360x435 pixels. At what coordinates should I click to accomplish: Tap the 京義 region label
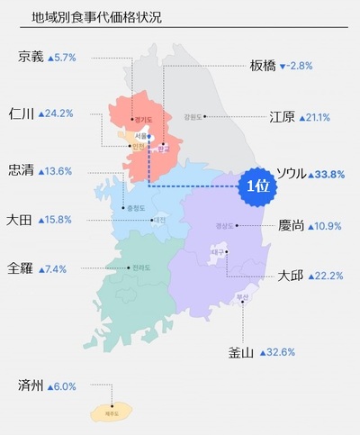31,57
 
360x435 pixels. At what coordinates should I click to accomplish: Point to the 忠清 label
21,170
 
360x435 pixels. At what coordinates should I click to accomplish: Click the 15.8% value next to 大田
56,220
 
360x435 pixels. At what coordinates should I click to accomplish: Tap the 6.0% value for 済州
61,386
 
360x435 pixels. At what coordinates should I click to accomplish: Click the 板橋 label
263,66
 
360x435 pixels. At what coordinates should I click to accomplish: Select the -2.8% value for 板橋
299,67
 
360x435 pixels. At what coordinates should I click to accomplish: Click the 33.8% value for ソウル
328,174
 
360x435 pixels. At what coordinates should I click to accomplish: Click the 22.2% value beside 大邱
327,276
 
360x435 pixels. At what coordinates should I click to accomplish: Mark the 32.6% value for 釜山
280,352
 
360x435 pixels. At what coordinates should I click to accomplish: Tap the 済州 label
31,385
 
